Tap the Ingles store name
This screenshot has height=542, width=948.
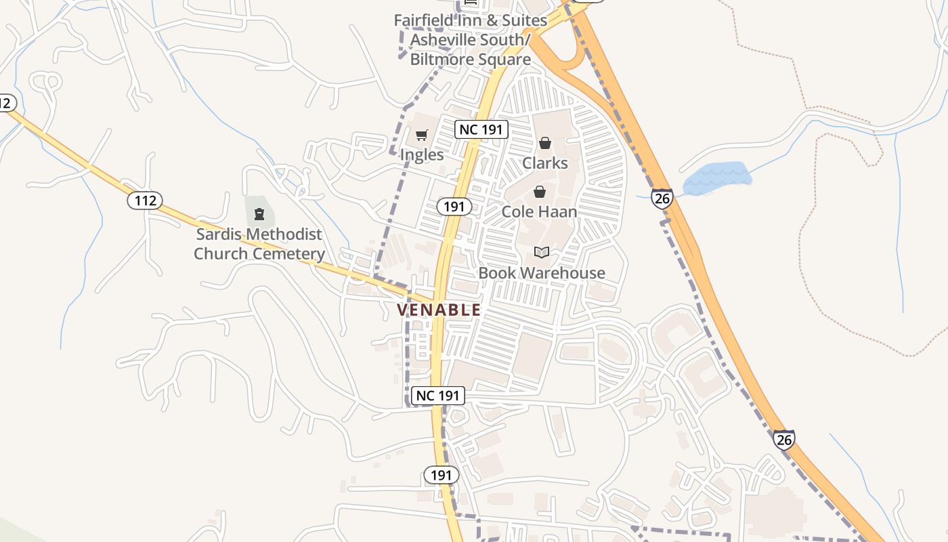pyautogui.click(x=421, y=154)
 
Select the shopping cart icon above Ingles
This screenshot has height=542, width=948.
pyautogui.click(x=421, y=135)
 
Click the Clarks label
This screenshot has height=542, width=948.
pyautogui.click(x=545, y=163)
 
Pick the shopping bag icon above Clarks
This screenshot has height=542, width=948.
pyautogui.click(x=545, y=143)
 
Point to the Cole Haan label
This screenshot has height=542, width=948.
pyautogui.click(x=539, y=211)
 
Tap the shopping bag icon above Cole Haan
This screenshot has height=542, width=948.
pyautogui.click(x=540, y=192)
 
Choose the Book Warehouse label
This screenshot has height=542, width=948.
pyautogui.click(x=542, y=273)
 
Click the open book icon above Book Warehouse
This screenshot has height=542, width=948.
pyautogui.click(x=542, y=253)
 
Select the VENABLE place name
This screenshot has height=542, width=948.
pyautogui.click(x=439, y=310)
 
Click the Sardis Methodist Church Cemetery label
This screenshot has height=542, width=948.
pyautogui.click(x=259, y=244)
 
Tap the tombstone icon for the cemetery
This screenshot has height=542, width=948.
pyautogui.click(x=259, y=215)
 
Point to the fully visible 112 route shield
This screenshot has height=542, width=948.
pyautogui.click(x=145, y=201)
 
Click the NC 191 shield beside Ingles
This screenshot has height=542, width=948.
pyautogui.click(x=481, y=129)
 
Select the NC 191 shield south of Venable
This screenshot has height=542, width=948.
pyautogui.click(x=438, y=396)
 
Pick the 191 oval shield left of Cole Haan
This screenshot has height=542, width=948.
pyautogui.click(x=454, y=207)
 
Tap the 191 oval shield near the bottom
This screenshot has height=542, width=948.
pyautogui.click(x=441, y=475)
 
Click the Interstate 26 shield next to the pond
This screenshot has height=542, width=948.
pyautogui.click(x=662, y=198)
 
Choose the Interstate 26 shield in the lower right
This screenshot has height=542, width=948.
pyautogui.click(x=783, y=440)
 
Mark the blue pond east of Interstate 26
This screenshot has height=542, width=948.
pyautogui.click(x=718, y=178)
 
